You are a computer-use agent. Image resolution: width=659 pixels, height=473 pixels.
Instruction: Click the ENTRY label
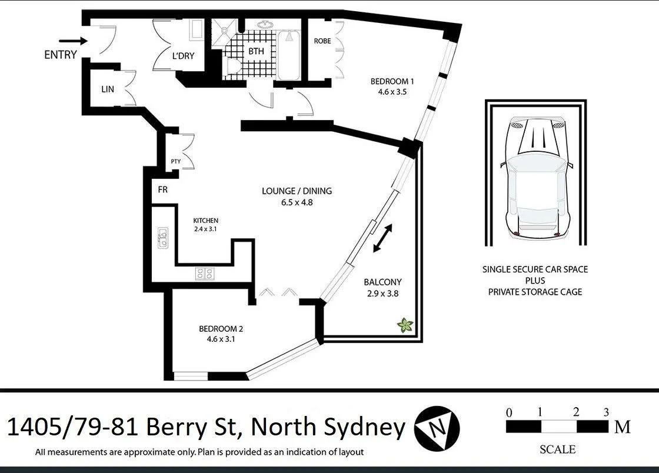click(61, 55)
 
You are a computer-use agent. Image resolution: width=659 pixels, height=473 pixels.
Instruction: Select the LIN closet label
click(107, 89)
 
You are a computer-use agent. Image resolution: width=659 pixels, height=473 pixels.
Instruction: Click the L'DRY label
click(183, 56)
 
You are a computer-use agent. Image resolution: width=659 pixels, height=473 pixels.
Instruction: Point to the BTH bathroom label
click(256, 51)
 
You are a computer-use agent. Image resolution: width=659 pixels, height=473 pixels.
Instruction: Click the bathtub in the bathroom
click(288, 56)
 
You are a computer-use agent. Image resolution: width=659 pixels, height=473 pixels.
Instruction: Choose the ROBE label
click(322, 41)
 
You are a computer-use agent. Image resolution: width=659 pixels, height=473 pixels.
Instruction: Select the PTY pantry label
click(175, 161)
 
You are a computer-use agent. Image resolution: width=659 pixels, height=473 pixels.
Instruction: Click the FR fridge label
click(163, 190)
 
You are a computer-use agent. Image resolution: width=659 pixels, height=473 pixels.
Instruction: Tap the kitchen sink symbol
click(162, 238)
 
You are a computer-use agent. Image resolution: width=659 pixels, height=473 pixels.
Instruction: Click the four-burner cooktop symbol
click(205, 273)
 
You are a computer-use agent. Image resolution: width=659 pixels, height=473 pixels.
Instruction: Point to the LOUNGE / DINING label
click(297, 191)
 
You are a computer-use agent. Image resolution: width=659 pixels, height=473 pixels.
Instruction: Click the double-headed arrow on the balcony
click(383, 238)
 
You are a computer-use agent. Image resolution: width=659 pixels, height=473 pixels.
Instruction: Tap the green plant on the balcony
click(405, 325)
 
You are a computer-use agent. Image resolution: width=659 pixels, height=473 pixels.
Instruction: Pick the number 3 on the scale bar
click(606, 412)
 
